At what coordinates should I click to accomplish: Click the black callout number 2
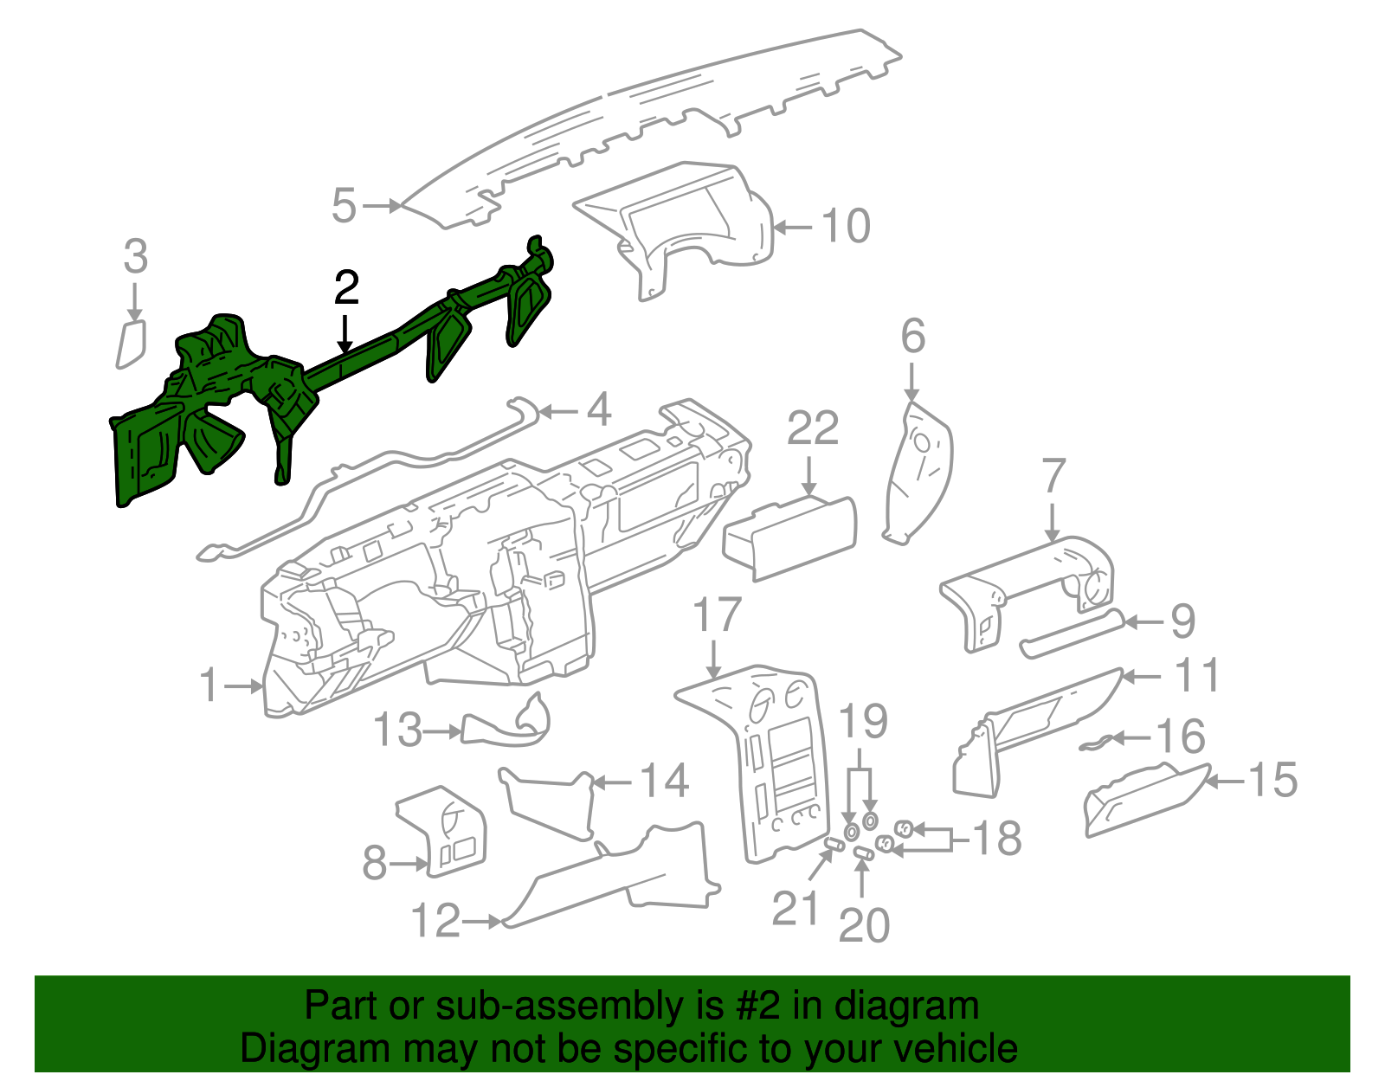[346, 287]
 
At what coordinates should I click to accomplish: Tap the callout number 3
[135, 256]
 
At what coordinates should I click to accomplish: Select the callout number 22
[812, 428]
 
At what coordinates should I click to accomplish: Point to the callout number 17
[717, 614]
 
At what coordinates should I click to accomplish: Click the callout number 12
[435, 920]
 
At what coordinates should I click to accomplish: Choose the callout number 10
[846, 226]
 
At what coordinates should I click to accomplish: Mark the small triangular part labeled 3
[132, 344]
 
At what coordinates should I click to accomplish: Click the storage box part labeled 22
[790, 538]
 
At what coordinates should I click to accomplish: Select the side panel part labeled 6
[918, 473]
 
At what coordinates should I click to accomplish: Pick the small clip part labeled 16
[1096, 743]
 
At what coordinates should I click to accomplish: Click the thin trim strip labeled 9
[1072, 634]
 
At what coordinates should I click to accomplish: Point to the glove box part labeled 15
[1146, 800]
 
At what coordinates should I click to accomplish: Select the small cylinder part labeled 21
[835, 845]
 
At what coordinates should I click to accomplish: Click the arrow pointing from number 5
[382, 206]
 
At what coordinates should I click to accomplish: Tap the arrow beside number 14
[612, 782]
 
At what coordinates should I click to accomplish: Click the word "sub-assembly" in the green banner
[579, 1006]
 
